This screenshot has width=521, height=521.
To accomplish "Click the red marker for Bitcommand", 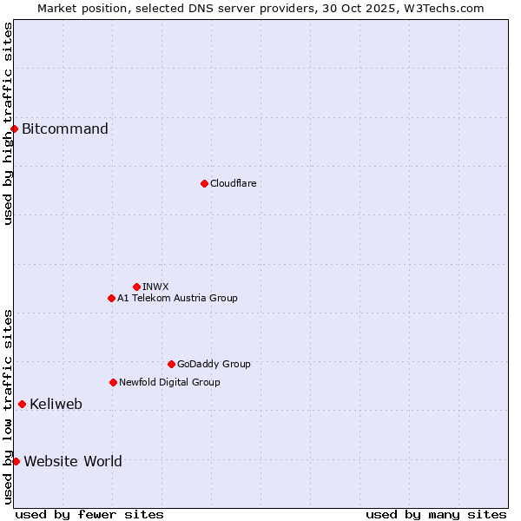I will click(14, 129).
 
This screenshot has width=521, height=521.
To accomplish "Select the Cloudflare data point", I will click(204, 183).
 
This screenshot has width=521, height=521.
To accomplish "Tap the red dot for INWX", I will click(136, 287).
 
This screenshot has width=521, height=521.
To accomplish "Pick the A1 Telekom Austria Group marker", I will click(111, 298).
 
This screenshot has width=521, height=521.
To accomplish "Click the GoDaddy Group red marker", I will click(171, 364).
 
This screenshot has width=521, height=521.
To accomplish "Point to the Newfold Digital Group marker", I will click(113, 382).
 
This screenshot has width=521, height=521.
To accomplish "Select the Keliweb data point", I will click(22, 404).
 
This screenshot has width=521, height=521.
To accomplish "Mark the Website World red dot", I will click(16, 461).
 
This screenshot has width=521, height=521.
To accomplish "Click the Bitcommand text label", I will click(65, 129).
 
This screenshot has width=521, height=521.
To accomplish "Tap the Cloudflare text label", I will click(233, 183).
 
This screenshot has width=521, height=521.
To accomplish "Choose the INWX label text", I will click(155, 287).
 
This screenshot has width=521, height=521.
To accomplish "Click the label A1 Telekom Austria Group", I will click(177, 298).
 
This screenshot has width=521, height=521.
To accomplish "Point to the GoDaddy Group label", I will click(214, 364).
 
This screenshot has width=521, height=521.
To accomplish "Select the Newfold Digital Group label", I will click(169, 382).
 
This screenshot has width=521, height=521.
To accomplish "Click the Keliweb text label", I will click(56, 404).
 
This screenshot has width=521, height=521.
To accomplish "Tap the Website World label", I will click(73, 461).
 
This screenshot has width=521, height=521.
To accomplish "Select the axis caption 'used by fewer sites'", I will click(89, 514).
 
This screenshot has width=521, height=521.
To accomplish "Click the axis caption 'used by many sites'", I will click(436, 514).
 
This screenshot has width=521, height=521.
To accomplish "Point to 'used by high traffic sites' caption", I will click(8, 123).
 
